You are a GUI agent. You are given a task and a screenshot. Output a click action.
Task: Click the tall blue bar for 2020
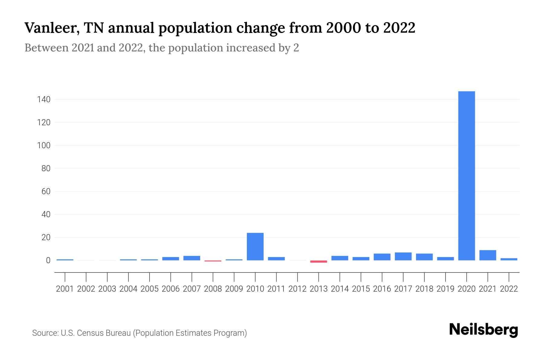point(466,175)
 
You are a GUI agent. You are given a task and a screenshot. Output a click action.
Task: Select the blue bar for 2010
point(255,247)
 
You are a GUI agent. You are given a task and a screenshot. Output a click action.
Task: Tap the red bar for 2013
point(319,261)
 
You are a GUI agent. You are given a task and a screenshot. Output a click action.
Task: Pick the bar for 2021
point(487,255)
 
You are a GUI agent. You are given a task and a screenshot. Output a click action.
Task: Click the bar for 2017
point(403,256)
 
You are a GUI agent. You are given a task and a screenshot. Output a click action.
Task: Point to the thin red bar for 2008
point(213,261)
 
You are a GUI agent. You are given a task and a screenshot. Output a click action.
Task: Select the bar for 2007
point(192,258)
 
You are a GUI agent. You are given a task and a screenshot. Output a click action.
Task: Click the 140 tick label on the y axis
point(44,99)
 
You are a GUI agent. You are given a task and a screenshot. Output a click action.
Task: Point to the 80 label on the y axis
point(46,168)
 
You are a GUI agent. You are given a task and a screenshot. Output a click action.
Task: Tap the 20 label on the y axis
point(46,237)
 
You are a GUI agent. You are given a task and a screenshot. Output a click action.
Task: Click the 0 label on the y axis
point(48,260)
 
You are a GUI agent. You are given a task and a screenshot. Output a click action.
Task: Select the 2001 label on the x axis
point(65,289)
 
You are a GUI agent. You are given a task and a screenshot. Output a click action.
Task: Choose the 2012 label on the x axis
point(297,289)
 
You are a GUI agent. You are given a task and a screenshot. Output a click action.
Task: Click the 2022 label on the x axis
point(509,289)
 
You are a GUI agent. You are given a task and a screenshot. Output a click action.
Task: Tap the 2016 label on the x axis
point(382,289)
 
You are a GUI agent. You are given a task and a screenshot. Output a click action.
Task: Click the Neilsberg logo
point(483,330)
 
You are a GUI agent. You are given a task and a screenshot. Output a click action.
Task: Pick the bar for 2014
point(340,258)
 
